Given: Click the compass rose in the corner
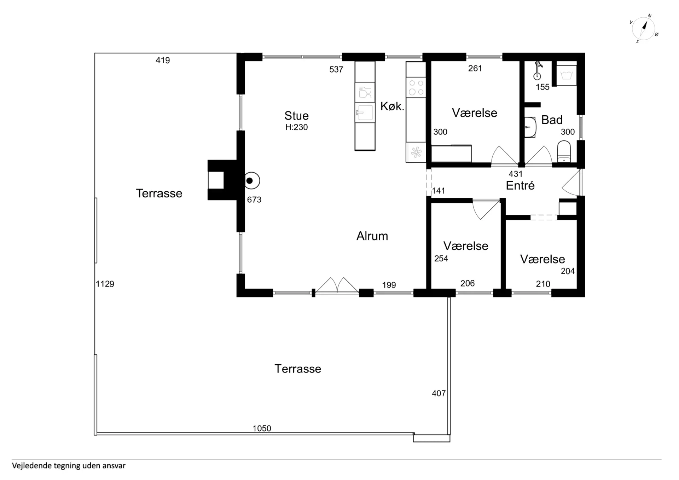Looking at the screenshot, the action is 644,28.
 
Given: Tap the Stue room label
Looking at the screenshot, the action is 296,116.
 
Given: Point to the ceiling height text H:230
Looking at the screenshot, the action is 296,127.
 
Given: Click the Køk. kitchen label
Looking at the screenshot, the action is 392,106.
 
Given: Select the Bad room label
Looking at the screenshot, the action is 552,120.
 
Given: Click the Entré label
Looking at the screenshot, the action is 520,185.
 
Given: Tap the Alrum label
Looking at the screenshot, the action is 372,236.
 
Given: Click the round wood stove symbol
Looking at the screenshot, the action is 252,181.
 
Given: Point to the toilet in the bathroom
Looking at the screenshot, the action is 564,151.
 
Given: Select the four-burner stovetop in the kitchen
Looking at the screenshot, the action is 416,87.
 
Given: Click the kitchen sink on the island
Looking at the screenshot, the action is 365,113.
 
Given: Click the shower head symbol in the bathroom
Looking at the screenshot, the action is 538,70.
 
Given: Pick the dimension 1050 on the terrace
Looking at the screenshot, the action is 262,428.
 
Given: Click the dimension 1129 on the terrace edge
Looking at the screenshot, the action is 105,284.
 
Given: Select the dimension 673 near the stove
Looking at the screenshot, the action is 254,200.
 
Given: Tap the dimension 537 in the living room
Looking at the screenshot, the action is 336,70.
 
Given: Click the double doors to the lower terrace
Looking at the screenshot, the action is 337,286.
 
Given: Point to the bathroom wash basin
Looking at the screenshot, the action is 530,127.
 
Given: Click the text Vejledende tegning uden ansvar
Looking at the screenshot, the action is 69,466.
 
